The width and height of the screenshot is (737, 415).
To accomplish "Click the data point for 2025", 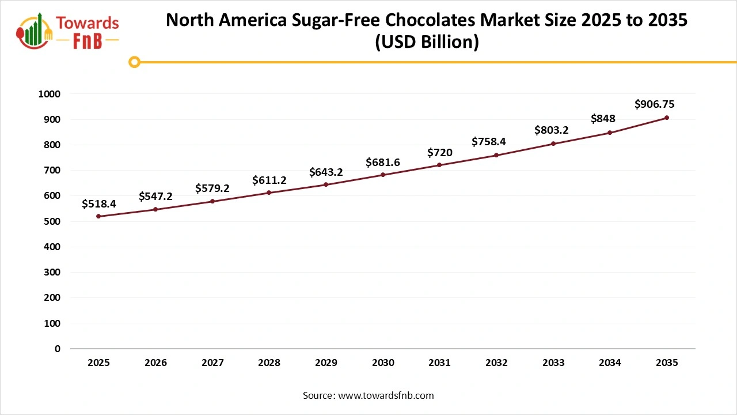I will (x=98, y=216).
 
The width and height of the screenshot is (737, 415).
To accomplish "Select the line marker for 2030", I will (x=383, y=175).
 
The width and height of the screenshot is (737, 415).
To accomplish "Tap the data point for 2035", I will (x=667, y=118).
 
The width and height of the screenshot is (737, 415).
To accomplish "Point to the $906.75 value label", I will (x=654, y=104).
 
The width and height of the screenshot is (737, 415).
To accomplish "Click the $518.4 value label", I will (x=98, y=203).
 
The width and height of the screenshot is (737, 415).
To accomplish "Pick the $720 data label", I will (x=439, y=153).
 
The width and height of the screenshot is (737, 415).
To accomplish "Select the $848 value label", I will (x=603, y=119).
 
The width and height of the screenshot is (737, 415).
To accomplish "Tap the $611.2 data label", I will (x=269, y=180).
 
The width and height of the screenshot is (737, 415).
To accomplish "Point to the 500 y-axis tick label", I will (x=52, y=221).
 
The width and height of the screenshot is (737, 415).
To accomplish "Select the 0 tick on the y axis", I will (x=57, y=349).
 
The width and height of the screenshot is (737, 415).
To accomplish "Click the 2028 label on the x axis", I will (x=269, y=363).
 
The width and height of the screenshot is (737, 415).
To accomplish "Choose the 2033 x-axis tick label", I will (x=553, y=363).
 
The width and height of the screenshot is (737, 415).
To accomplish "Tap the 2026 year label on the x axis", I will (x=155, y=363).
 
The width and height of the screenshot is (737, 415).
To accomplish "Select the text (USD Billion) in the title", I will (x=427, y=43).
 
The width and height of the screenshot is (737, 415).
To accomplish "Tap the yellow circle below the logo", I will (x=135, y=62).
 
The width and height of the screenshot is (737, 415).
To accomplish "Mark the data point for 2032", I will (x=496, y=155).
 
